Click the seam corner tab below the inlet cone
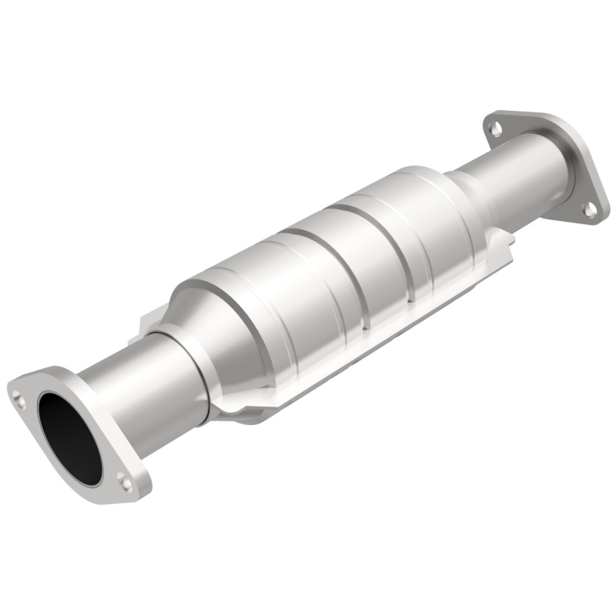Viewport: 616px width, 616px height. [x=239, y=409]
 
